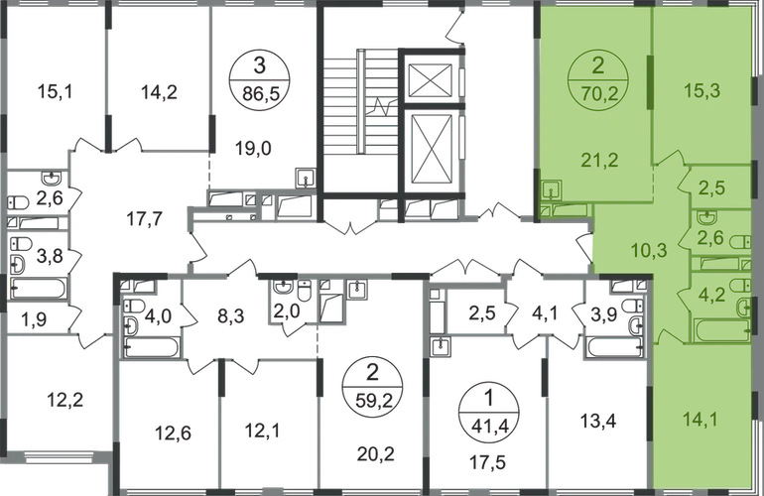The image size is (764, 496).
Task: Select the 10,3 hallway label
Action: click(x=622, y=248)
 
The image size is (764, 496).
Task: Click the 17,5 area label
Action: click(x=486, y=457)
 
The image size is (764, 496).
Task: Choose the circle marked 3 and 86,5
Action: click(x=262, y=77)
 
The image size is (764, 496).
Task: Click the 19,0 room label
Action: click(x=262, y=145)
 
